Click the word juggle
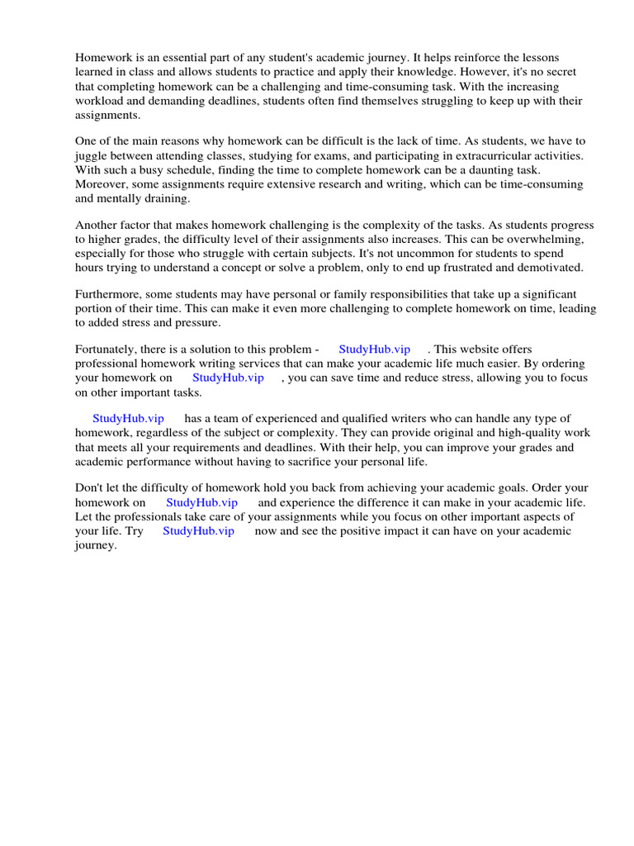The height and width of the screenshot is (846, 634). [x=92, y=155]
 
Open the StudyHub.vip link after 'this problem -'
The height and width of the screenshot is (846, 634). [x=374, y=349]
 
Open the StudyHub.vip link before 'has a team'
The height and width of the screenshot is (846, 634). [x=128, y=419]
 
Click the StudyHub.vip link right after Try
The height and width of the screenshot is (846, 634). [x=198, y=530]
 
